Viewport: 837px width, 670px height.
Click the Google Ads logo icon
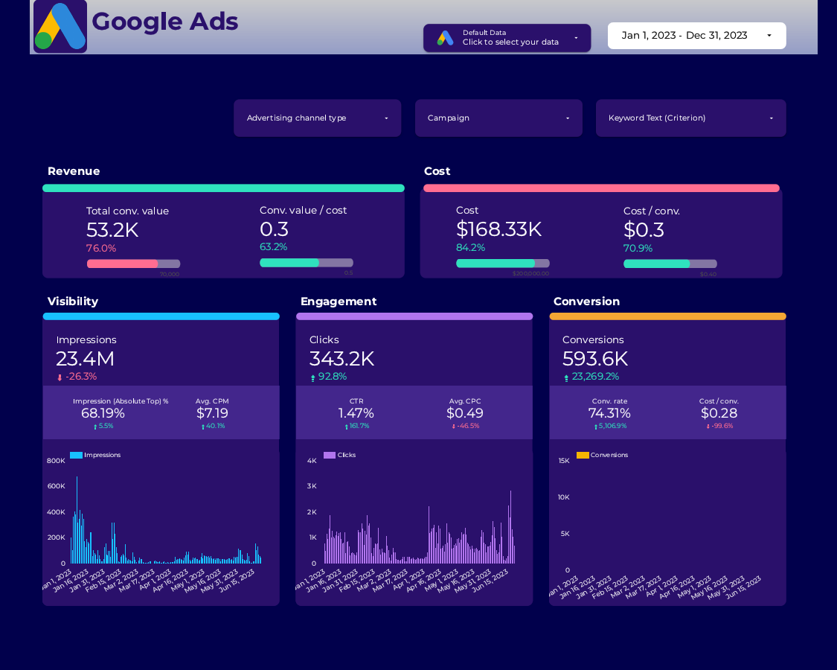coord(60,27)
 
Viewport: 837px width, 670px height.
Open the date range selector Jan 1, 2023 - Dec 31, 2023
coord(696,36)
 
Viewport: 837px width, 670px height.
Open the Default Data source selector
coord(507,38)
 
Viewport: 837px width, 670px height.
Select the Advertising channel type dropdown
coord(317,118)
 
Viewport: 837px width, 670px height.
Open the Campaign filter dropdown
coord(498,118)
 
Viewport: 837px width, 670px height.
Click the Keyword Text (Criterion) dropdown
coord(690,118)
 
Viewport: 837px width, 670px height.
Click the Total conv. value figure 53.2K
coord(112,230)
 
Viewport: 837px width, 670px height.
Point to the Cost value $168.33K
coord(498,229)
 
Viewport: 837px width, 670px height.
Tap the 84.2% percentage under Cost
coord(470,248)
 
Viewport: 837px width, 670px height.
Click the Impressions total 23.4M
coord(85,359)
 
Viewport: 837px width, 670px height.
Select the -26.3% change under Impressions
coord(80,377)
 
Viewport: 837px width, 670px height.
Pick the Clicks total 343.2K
coord(341,359)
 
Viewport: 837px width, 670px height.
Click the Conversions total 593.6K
coord(595,359)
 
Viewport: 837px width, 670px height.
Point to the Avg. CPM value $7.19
coord(212,413)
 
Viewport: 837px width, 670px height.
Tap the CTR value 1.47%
coord(356,413)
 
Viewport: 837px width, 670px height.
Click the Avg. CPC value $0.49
coord(465,413)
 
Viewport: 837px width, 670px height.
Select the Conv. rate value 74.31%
coord(609,413)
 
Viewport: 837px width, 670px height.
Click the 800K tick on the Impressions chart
coord(57,461)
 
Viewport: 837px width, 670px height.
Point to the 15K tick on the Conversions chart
coord(564,461)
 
